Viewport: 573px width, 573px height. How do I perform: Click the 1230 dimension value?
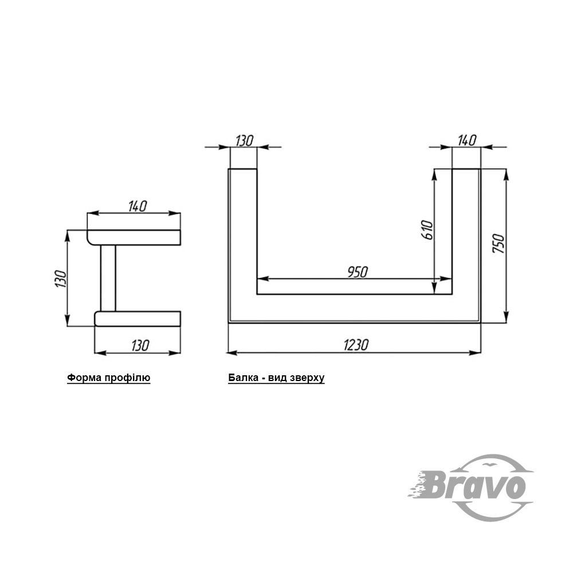(356, 344)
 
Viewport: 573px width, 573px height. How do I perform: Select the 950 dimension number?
(358, 272)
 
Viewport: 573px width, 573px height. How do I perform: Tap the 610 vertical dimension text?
(427, 230)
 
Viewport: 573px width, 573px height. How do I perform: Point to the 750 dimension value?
(499, 244)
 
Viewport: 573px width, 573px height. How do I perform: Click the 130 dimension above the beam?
(244, 141)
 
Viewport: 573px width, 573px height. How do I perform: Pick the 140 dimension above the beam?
(467, 140)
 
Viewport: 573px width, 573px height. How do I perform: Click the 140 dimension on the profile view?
(138, 206)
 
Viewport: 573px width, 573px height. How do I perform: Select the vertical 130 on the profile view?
(61, 279)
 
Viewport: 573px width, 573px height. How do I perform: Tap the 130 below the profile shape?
(140, 346)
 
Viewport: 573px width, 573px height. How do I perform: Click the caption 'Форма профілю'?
(108, 378)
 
